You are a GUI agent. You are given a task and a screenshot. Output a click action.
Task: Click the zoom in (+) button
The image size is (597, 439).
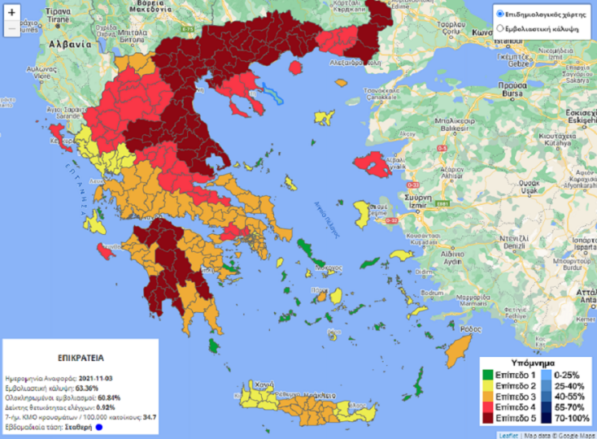[x=11, y=12]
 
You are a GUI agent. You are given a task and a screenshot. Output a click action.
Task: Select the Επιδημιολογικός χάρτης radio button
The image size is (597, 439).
[x=500, y=14]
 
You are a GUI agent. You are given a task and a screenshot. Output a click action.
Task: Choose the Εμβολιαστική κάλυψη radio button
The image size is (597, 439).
[x=500, y=28]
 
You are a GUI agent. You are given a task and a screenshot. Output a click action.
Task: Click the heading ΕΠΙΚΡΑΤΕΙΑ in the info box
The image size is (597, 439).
[x=80, y=357]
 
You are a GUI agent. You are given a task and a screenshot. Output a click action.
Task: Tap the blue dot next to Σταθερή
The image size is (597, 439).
[x=98, y=426]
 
